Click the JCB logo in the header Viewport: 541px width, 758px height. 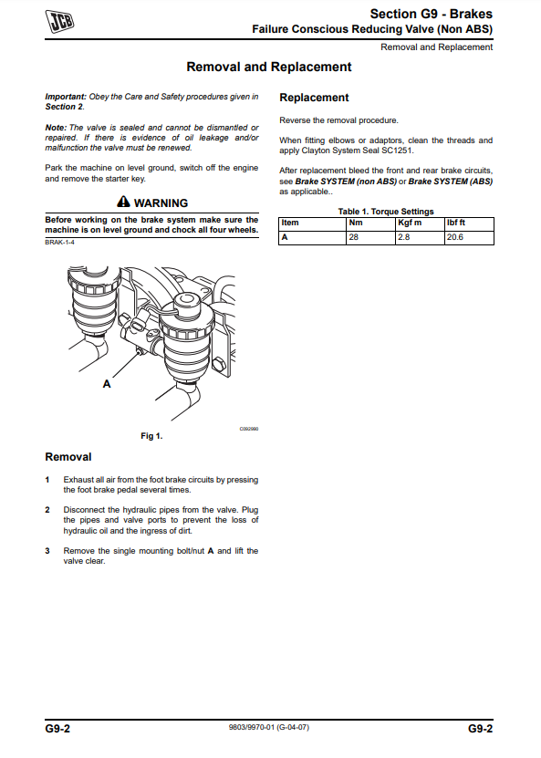59,22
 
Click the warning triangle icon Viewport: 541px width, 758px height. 124,202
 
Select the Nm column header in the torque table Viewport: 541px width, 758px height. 356,223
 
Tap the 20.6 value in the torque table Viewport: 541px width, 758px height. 455,237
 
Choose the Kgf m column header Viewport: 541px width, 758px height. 410,223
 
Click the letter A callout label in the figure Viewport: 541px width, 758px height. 107,384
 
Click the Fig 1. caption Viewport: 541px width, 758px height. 151,436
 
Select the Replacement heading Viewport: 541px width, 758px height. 314,98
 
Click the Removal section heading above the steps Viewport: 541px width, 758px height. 68,457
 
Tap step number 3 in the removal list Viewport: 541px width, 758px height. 47,551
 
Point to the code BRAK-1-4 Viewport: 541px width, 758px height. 59,243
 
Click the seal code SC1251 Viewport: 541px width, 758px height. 399,151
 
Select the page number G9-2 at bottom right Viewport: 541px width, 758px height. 480,729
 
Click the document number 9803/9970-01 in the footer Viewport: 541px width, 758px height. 252,727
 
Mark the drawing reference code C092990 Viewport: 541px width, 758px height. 249,429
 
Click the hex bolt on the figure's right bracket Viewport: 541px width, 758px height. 219,364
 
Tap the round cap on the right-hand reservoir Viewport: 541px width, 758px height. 187,303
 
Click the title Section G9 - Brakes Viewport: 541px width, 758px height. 432,14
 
